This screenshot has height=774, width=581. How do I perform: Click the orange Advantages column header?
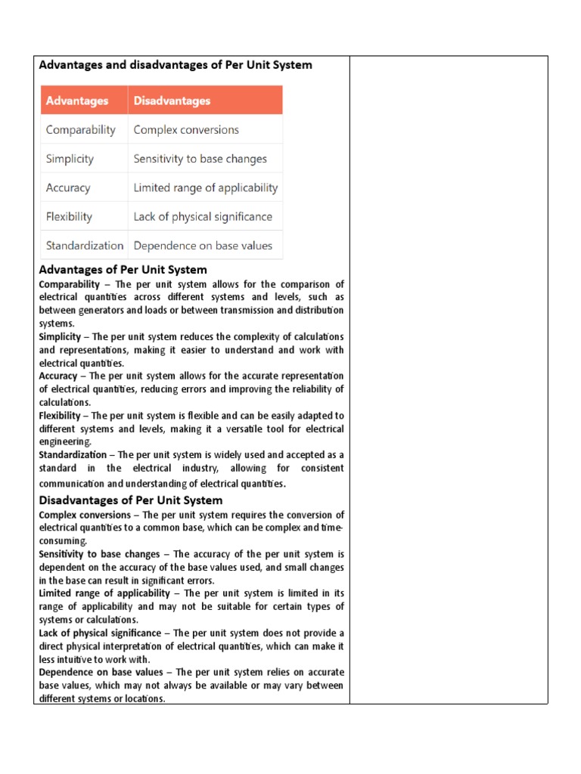pyautogui.click(x=77, y=101)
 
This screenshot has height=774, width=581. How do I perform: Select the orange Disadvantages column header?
pyautogui.click(x=172, y=101)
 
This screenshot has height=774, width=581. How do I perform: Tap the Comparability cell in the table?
pyautogui.click(x=81, y=130)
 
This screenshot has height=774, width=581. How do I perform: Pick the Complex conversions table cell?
pyautogui.click(x=186, y=130)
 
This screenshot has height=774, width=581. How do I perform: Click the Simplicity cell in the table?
pyautogui.click(x=70, y=159)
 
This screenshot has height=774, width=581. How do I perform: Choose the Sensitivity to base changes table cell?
pyautogui.click(x=200, y=159)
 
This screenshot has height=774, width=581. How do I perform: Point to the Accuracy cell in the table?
pyautogui.click(x=68, y=187)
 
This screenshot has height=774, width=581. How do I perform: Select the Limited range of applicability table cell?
pyautogui.click(x=206, y=187)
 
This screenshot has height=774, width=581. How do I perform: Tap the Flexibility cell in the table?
pyautogui.click(x=69, y=216)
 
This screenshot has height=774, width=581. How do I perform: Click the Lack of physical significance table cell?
pyautogui.click(x=203, y=216)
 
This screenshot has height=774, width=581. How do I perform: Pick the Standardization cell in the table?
pyautogui.click(x=84, y=245)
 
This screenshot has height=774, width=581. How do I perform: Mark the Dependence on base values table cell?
pyautogui.click(x=203, y=245)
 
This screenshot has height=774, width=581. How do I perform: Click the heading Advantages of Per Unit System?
pyautogui.click(x=123, y=270)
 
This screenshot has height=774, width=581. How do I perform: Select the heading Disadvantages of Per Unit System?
pyautogui.click(x=131, y=500)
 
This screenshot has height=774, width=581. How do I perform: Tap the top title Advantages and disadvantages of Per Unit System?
pyautogui.click(x=176, y=65)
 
